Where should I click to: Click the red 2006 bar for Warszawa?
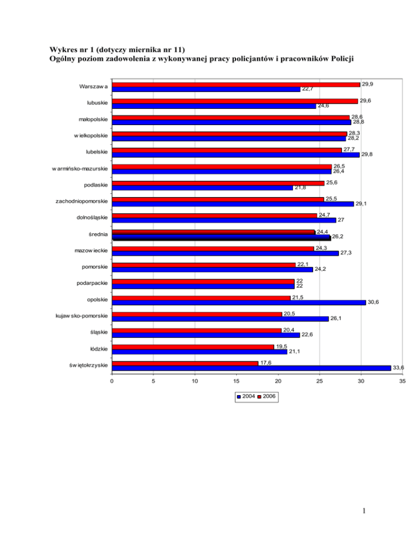(236, 84)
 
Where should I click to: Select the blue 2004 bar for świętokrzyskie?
(251, 368)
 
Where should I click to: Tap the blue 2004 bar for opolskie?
(239, 303)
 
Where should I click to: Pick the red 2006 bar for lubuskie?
(235, 101)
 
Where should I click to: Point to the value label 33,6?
(398, 368)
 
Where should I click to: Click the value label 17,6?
(265, 363)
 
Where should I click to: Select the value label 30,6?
(373, 303)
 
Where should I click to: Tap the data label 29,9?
(367, 84)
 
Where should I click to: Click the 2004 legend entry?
(246, 397)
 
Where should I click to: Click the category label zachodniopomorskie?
(81, 201)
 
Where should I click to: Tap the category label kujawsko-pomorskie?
(81, 316)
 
